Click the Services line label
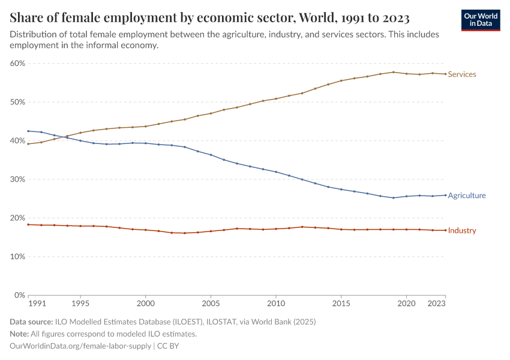pyautogui.click(x=462, y=74)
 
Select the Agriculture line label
pyautogui.click(x=467, y=196)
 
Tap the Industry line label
pyautogui.click(x=462, y=231)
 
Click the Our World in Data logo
pyautogui.click(x=481, y=20)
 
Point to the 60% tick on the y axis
pyautogui.click(x=17, y=64)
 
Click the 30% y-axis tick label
pyautogui.click(x=17, y=179)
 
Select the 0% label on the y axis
pyautogui.click(x=20, y=295)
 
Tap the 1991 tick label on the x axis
pyautogui.click(x=37, y=304)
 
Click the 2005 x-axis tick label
pyautogui.click(x=211, y=304)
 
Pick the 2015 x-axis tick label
pyautogui.click(x=341, y=304)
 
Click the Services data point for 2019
pyautogui.click(x=394, y=72)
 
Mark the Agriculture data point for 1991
pyautogui.click(x=28, y=131)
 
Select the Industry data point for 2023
pyautogui.click(x=445, y=230)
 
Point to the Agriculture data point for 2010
pyautogui.click(x=276, y=172)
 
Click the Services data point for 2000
pyautogui.click(x=145, y=127)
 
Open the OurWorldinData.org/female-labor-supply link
pyautogui.click(x=80, y=346)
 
